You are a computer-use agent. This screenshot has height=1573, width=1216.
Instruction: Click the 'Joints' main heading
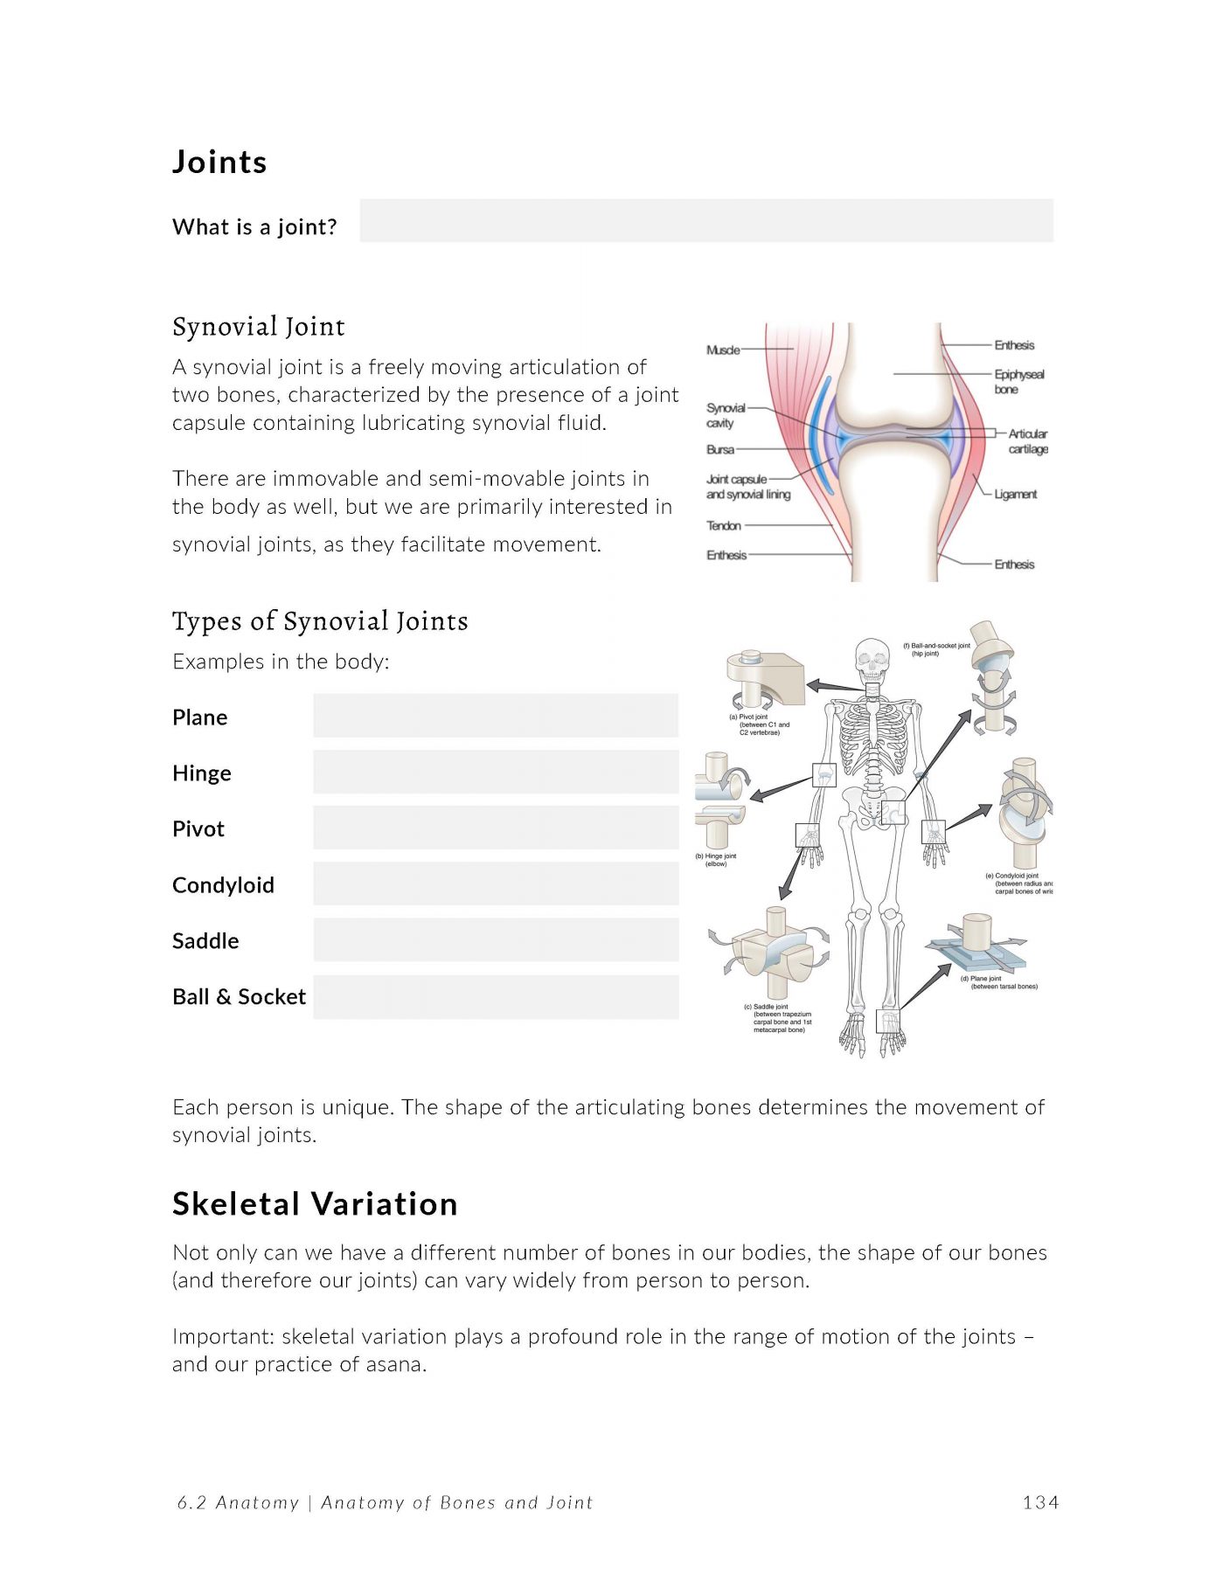219,163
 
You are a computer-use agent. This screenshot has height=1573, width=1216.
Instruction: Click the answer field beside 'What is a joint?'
705,220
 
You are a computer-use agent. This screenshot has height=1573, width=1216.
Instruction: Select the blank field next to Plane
496,716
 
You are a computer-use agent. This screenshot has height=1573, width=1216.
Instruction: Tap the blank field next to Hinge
496,772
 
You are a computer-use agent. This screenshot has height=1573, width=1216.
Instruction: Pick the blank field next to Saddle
496,939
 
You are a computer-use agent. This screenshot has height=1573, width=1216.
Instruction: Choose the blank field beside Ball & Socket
496,996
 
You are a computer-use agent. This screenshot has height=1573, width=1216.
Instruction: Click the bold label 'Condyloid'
223,885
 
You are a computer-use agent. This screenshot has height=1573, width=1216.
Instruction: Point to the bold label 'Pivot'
198,829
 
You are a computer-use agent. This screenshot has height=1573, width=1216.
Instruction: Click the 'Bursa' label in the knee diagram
719,449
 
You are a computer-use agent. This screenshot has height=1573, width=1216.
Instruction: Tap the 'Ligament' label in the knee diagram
1015,494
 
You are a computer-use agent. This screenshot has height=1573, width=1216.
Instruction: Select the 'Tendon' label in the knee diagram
723,525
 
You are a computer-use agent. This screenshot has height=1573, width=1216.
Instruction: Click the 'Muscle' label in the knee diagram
722,350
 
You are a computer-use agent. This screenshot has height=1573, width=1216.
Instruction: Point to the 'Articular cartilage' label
1027,441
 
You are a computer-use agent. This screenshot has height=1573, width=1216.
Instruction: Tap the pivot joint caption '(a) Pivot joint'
749,717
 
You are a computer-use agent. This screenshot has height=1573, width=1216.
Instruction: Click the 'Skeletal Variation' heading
315,1204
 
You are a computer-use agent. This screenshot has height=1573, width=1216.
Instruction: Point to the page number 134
1040,1502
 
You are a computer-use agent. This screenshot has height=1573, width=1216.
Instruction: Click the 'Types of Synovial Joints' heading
320,621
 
